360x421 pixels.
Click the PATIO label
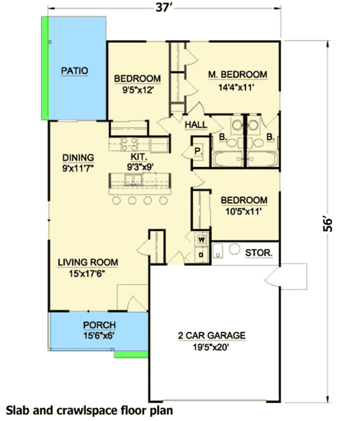75,71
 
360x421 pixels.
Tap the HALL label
196,124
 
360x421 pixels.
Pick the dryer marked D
202,253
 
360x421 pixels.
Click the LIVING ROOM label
88,263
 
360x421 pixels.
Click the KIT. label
139,156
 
